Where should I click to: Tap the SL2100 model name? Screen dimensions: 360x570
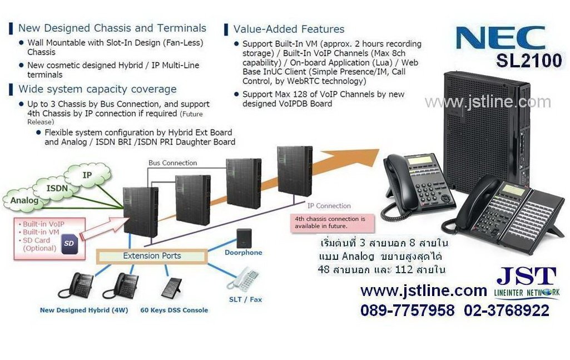click(x=529, y=60)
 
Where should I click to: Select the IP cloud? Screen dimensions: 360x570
click(x=87, y=175)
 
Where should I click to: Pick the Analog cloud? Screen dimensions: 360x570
click(x=24, y=200)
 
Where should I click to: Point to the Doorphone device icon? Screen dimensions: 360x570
click(x=244, y=239)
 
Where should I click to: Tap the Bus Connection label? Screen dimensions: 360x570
click(x=172, y=163)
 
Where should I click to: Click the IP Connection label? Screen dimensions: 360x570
click(x=329, y=206)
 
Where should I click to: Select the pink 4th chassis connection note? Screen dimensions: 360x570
click(x=330, y=222)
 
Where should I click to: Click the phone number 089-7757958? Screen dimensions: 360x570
click(x=407, y=310)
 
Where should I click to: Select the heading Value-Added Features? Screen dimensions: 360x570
click(x=289, y=29)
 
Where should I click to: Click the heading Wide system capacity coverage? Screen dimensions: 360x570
click(x=97, y=89)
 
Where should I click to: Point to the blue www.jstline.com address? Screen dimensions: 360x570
click(x=424, y=290)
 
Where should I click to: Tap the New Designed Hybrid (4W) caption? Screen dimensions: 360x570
click(x=84, y=310)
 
